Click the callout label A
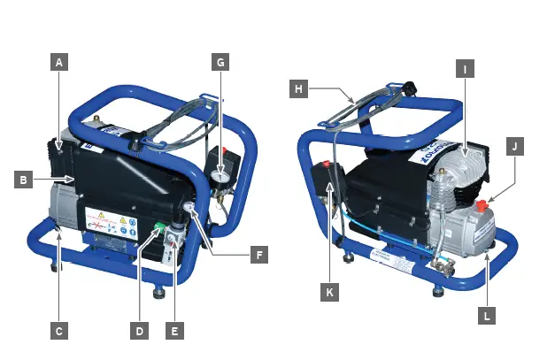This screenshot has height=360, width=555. coord(58,63)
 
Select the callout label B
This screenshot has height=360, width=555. coord(26,180)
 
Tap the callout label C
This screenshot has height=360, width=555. coord(58,331)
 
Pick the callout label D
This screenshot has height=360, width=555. coord(139,331)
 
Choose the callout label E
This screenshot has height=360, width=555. coord(175,331)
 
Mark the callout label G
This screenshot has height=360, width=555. coord(221,63)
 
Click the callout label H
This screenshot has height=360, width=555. coord(299,88)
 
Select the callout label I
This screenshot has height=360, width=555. coord(465,67)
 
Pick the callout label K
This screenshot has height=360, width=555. coord(329,292)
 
